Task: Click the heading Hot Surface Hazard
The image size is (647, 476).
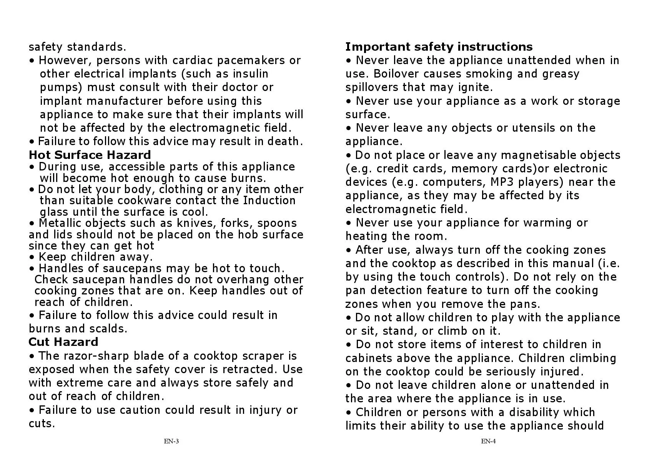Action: (x=90, y=155)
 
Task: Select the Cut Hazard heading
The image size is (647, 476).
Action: (x=63, y=342)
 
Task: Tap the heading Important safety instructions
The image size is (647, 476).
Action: (x=439, y=47)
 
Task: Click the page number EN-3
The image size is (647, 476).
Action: (x=171, y=441)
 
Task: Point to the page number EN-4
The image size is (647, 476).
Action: (x=488, y=441)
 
